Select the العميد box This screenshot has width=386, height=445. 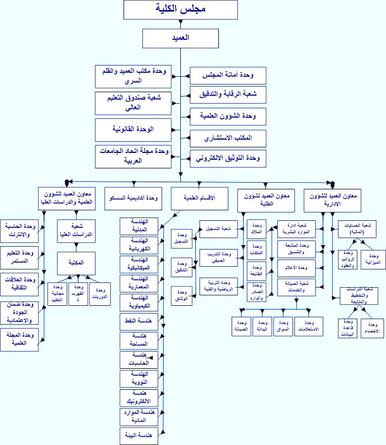coord(180,38)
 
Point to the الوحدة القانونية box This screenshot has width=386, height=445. coord(132,129)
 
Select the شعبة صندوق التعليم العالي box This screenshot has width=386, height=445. coord(132,103)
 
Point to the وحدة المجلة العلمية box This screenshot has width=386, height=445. coord(20,339)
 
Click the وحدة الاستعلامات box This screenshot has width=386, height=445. coord(310,326)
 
